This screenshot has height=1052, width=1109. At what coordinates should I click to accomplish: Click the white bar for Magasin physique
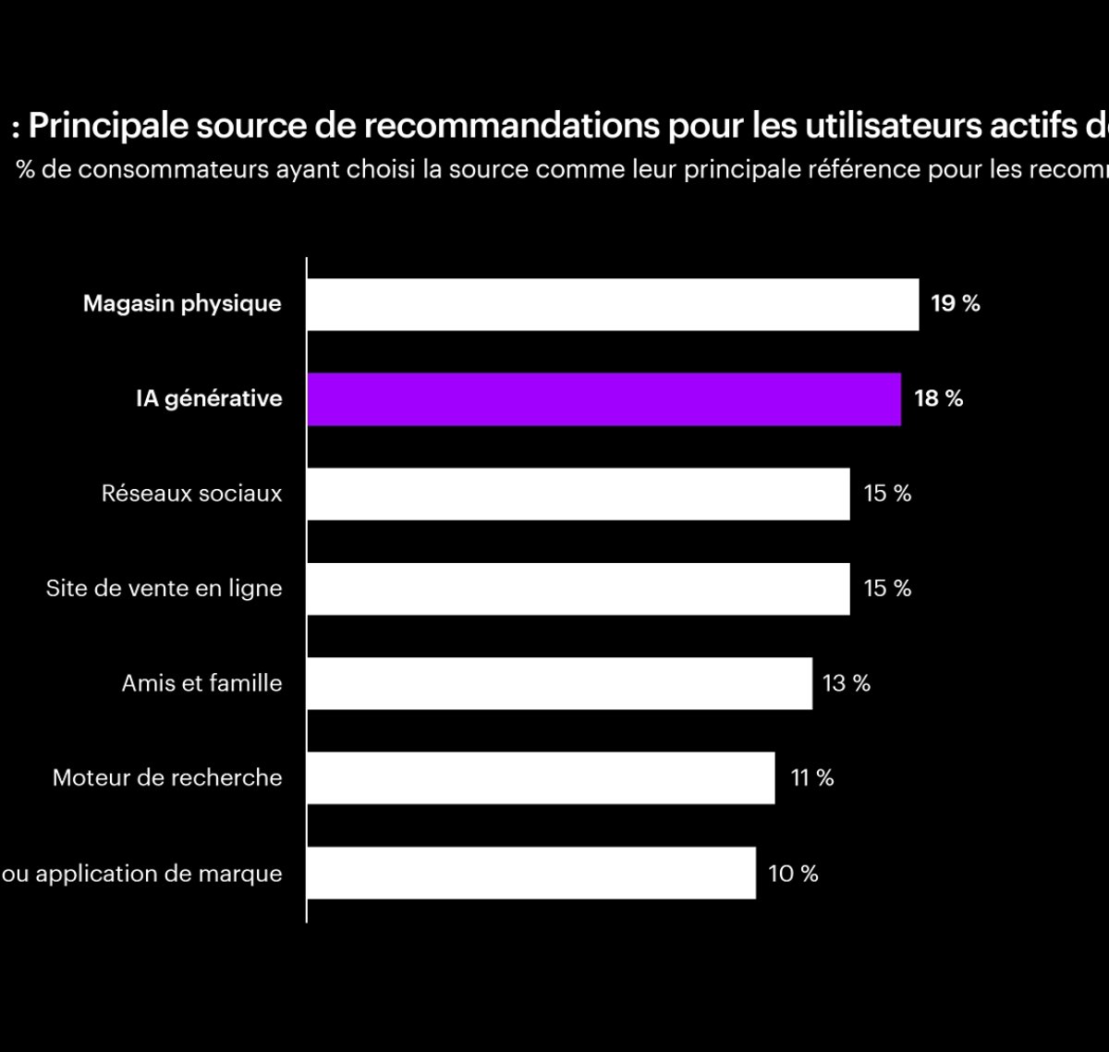613,304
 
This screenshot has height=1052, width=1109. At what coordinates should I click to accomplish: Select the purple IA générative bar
603,399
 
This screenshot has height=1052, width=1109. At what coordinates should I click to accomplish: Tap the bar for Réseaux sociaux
578,494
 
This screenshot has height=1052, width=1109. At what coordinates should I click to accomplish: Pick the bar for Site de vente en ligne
578,589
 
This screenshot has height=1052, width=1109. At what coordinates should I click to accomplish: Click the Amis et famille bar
559,683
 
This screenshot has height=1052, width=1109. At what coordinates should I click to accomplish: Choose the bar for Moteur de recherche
541,778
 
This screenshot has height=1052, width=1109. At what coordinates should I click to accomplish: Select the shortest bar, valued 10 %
531,873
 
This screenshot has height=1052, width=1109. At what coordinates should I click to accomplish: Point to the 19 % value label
955,304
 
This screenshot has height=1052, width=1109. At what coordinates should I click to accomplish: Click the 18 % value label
938,399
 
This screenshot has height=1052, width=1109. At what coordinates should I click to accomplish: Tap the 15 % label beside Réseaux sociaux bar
887,494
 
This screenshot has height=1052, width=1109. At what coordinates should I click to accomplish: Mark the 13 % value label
847,683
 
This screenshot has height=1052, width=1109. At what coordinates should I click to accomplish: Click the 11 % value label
811,778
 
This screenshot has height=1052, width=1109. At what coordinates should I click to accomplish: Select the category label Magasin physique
182,304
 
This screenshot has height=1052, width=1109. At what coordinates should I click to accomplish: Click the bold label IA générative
209,399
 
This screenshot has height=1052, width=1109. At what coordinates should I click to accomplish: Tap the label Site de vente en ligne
164,589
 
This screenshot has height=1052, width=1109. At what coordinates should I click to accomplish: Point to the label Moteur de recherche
167,778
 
